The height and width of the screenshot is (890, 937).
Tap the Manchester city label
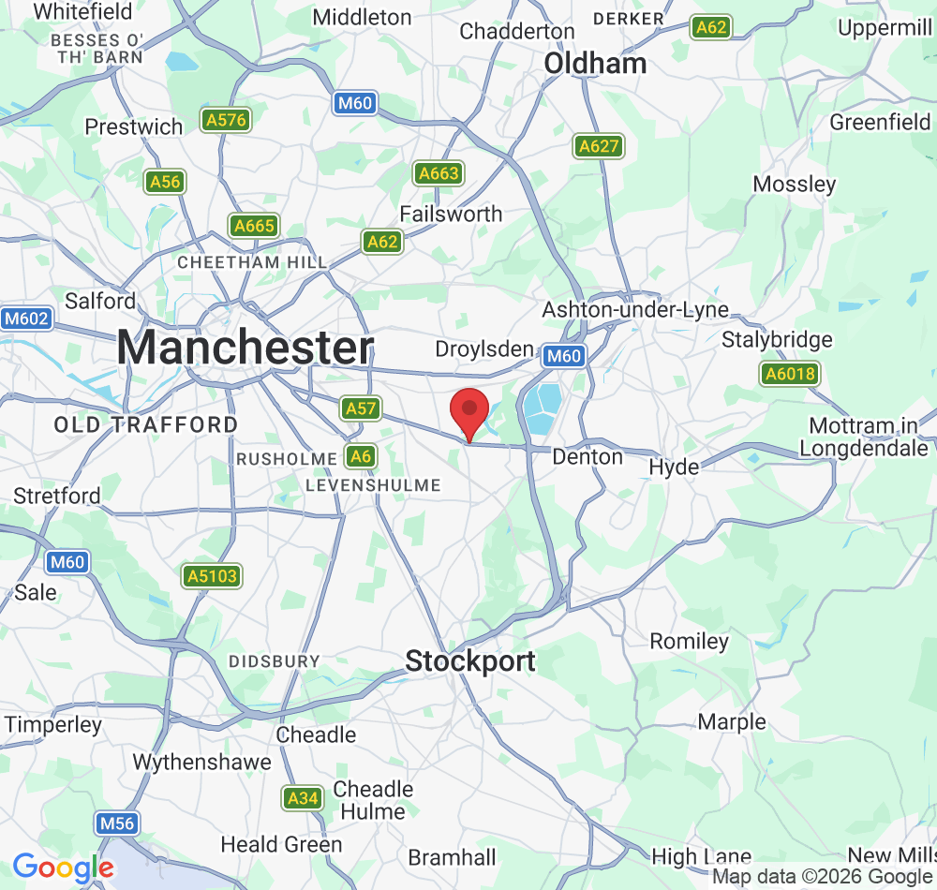coord(245,348)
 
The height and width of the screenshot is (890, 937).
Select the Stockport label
coord(470,661)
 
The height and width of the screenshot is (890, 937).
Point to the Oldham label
coord(595,64)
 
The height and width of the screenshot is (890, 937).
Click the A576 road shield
coord(225,120)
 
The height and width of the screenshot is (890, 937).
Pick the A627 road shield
coord(599,146)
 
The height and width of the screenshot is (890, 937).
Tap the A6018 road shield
coord(790,375)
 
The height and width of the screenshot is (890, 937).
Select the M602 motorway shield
coord(25,319)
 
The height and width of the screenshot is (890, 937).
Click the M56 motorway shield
coord(117,823)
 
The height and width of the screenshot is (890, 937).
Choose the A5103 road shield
coord(213,576)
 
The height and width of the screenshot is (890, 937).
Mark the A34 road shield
coord(303,798)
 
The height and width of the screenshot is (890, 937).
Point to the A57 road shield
coord(361,408)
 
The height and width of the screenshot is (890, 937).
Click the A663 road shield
coord(439,173)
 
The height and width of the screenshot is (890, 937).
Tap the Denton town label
coord(587,457)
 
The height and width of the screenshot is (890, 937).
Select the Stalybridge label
coord(777,339)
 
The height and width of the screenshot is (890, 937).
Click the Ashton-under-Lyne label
coord(635,310)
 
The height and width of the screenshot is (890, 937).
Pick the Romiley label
coord(690,642)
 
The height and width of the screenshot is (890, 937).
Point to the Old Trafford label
coord(146,425)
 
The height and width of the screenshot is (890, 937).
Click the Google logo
coord(63,868)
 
